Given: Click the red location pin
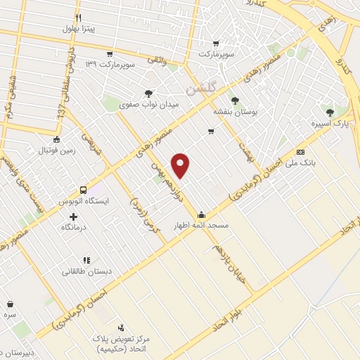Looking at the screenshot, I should (x=181, y=165).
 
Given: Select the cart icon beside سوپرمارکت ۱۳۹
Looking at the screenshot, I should (x=110, y=53).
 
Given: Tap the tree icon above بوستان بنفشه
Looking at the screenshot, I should (x=235, y=100).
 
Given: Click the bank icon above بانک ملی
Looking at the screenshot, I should (x=300, y=152).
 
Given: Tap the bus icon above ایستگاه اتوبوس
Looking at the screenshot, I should (x=83, y=190).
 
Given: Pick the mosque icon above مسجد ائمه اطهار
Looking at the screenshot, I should (x=202, y=214).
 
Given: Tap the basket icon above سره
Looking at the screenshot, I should (x=10, y=304).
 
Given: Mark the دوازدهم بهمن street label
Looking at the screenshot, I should (x=163, y=177).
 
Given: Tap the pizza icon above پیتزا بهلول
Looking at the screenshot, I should (x=79, y=18).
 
